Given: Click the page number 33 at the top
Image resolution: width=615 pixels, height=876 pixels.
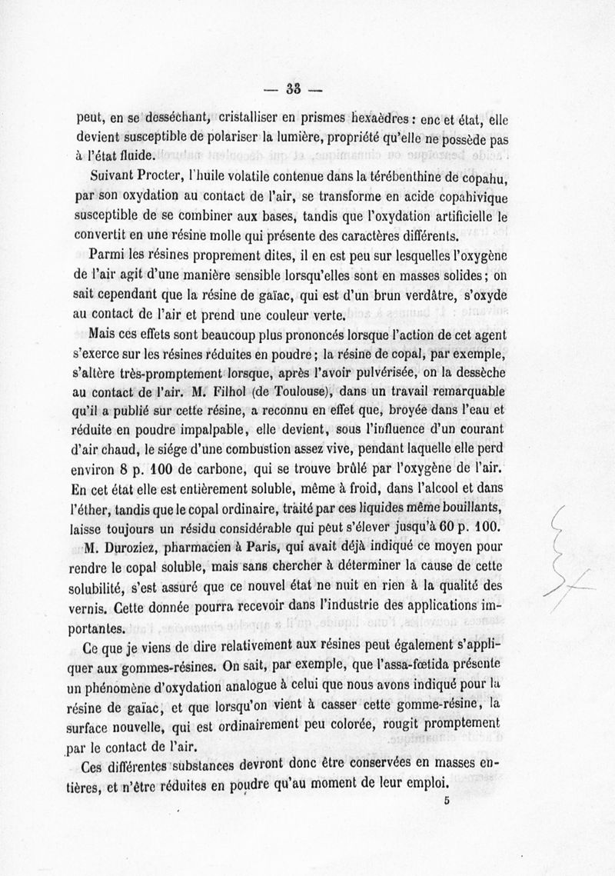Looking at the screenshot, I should [x=293, y=88].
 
